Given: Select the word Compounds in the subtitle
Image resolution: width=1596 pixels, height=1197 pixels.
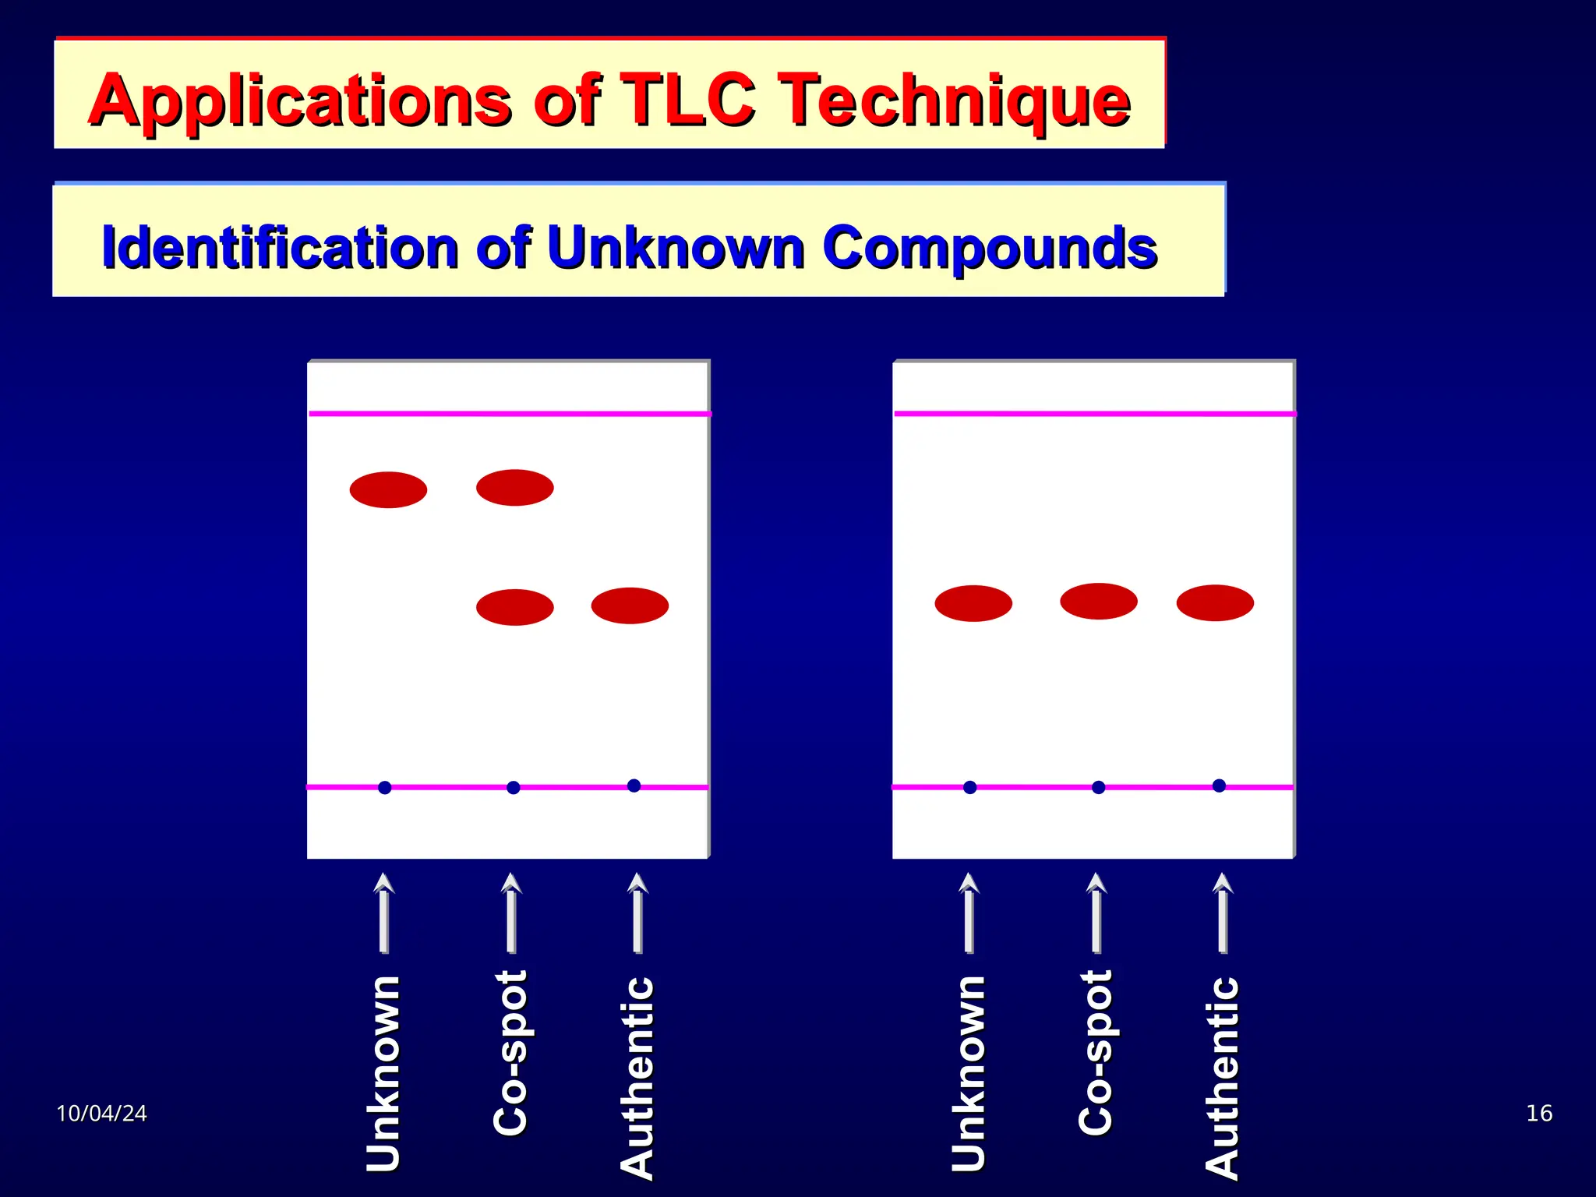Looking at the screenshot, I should [x=990, y=248].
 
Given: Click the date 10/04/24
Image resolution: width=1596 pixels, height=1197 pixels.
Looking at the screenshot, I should [x=101, y=1113].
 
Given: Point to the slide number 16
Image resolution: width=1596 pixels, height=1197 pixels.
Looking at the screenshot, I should [x=1538, y=1113].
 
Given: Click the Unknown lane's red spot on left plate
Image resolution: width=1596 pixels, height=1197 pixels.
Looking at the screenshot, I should [x=388, y=489].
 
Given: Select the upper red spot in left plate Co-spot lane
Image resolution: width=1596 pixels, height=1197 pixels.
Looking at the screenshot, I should [x=514, y=487].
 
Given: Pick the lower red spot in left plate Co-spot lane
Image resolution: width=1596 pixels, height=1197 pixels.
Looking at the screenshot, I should [x=514, y=606].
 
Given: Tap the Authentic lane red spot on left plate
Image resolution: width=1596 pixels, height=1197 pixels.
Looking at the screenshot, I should [x=630, y=605].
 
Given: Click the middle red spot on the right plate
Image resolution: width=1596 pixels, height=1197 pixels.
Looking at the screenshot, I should [x=1098, y=601].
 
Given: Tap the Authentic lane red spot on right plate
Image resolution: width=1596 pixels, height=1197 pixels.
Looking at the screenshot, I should [x=1214, y=602].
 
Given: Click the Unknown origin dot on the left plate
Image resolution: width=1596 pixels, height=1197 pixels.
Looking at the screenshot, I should [x=384, y=787].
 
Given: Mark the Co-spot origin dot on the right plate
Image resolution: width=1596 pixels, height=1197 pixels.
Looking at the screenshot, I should [x=1098, y=787].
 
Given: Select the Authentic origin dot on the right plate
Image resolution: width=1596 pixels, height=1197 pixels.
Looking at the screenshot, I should [x=1219, y=785].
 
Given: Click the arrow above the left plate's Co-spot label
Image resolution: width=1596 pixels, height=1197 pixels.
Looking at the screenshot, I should [x=511, y=912].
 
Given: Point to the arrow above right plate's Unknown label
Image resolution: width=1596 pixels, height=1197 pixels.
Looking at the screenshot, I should [x=969, y=912].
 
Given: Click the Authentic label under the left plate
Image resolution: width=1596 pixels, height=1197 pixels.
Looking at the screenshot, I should [x=637, y=1077].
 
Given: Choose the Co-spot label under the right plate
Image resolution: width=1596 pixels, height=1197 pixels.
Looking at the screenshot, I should [x=1095, y=1052].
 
